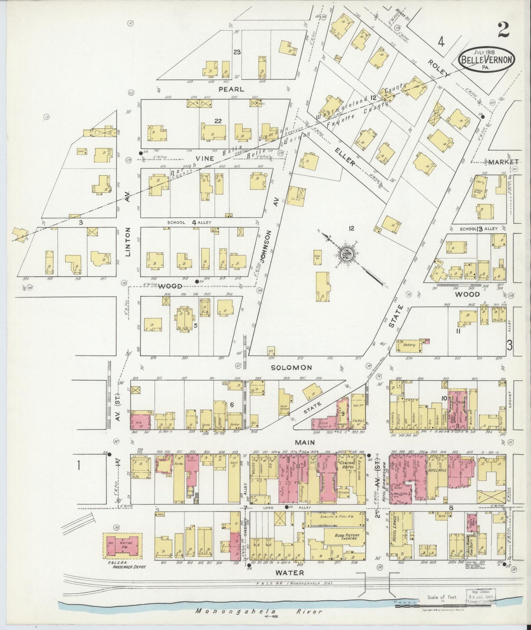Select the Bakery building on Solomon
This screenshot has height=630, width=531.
[409, 345]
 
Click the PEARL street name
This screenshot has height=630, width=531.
[231, 89]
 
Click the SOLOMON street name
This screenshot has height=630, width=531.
[291, 367]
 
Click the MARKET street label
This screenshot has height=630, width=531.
[503, 161]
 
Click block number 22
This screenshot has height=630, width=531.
[218, 121]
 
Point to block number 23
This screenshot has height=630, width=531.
[237, 52]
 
